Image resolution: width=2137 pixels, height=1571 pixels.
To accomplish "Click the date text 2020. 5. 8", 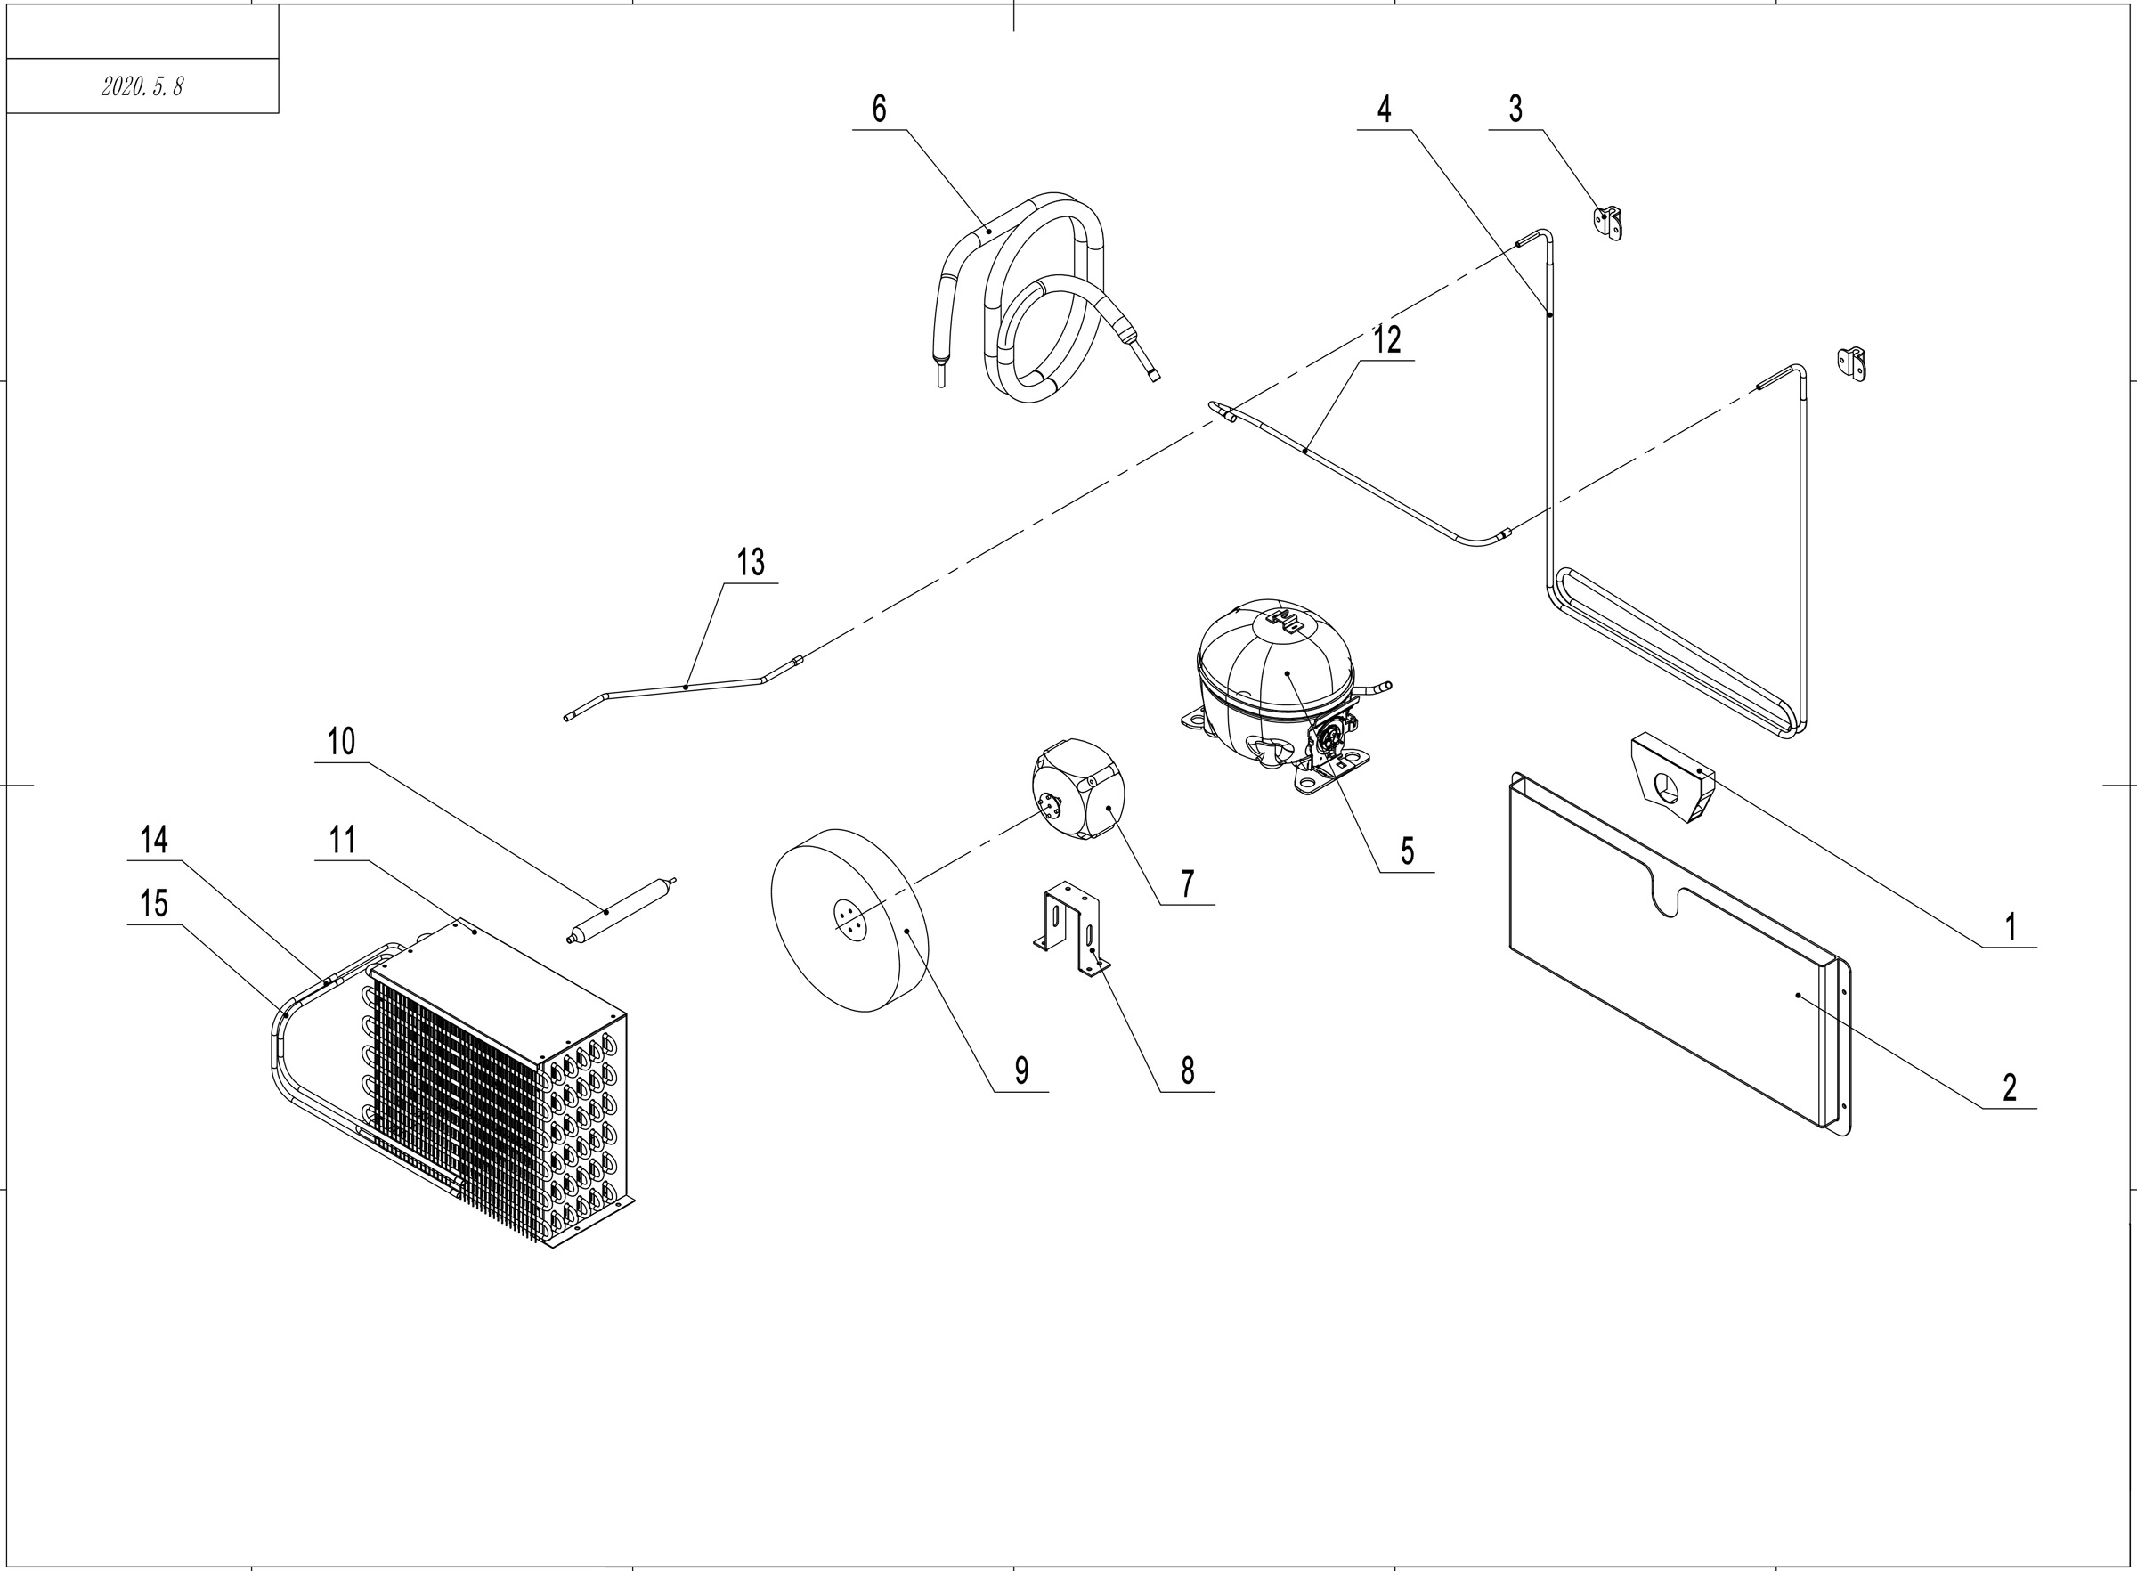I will pyautogui.click(x=142, y=86).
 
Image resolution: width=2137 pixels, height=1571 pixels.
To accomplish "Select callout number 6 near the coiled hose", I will pyautogui.click(x=880, y=110).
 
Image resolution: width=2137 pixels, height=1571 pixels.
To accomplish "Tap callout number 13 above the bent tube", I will pyautogui.click(x=750, y=562).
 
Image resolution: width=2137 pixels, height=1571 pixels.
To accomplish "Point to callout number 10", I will pyautogui.click(x=341, y=741).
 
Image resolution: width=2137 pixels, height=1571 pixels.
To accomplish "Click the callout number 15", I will pyautogui.click(x=154, y=902).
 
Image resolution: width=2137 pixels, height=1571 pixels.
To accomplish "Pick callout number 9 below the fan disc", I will pyautogui.click(x=1022, y=1070).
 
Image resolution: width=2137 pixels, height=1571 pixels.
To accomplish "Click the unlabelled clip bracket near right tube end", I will pyautogui.click(x=1852, y=364).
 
